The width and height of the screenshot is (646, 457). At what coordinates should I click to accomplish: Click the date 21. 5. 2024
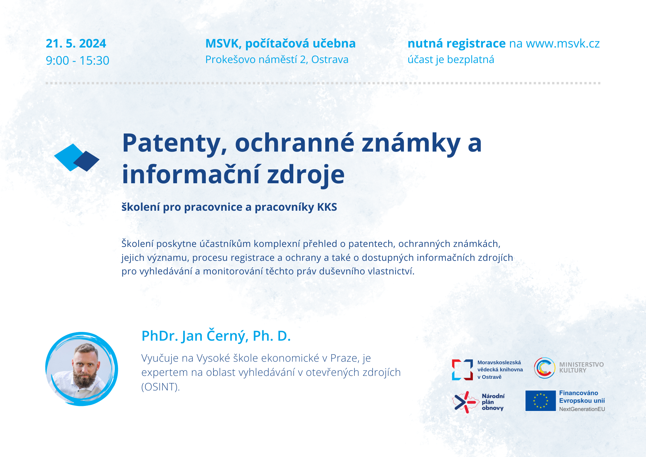click(76, 44)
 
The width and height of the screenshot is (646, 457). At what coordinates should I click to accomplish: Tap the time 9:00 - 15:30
click(78, 60)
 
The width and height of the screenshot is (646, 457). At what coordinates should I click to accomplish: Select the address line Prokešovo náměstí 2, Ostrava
click(277, 60)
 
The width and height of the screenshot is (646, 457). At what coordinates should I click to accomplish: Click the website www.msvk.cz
click(563, 44)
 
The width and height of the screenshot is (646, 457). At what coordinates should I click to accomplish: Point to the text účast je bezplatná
click(451, 60)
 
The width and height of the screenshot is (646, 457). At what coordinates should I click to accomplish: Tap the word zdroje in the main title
click(306, 175)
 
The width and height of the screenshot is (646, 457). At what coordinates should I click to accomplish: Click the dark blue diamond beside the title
click(86, 161)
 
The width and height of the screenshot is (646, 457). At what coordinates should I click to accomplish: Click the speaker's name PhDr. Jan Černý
click(195, 336)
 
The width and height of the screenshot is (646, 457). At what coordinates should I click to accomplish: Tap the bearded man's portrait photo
click(82, 369)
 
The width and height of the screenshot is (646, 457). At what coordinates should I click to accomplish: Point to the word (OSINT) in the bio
click(161, 387)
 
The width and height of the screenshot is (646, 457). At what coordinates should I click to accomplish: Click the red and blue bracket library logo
click(463, 370)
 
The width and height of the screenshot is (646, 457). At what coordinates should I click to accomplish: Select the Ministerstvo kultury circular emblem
click(545, 368)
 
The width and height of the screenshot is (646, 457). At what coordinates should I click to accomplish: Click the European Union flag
click(541, 401)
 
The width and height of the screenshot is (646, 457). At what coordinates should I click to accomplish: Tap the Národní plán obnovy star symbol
click(465, 402)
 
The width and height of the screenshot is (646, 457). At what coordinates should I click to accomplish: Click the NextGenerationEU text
click(582, 409)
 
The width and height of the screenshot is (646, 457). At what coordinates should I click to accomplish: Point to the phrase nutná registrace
click(456, 44)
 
